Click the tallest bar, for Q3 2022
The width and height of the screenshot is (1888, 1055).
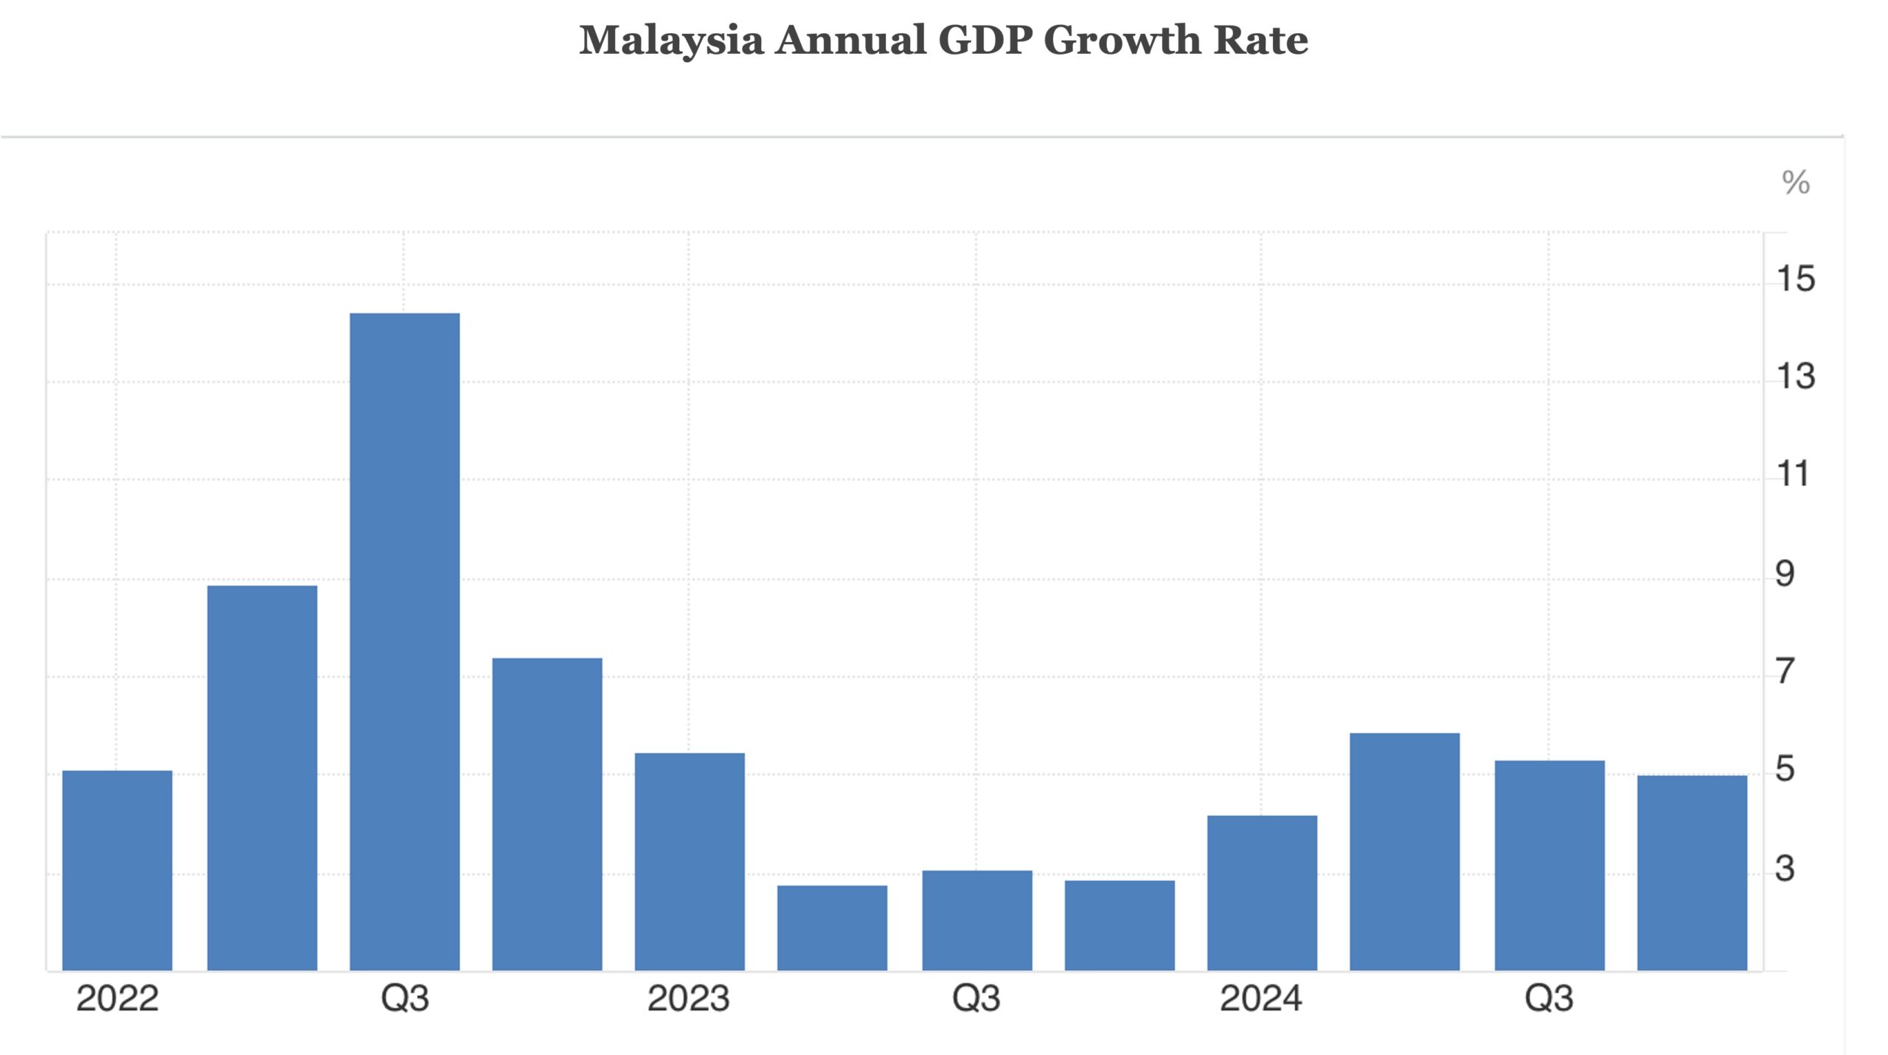tap(404, 641)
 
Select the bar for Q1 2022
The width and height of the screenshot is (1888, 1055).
tap(117, 870)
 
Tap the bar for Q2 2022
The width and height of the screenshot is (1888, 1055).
tap(262, 778)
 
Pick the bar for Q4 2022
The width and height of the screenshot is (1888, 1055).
tap(546, 814)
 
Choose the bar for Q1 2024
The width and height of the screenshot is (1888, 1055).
tap(1262, 893)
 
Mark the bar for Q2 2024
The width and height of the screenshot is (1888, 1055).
tap(1404, 852)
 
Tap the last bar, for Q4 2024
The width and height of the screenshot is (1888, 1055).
tap(1692, 873)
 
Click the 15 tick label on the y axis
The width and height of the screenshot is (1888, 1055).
tap(1795, 279)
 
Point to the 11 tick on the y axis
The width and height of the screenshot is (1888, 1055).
tap(1793, 474)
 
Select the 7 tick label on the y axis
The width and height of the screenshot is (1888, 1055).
tap(1785, 672)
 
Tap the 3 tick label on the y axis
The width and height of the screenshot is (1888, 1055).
tap(1785, 869)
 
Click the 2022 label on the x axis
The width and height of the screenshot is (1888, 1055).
tap(117, 999)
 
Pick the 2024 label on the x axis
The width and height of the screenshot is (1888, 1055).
tap(1260, 999)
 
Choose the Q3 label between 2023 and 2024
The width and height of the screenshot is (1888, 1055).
tap(976, 999)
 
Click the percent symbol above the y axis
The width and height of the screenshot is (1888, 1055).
tap(1795, 182)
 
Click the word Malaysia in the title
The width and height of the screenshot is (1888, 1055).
tap(670, 41)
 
